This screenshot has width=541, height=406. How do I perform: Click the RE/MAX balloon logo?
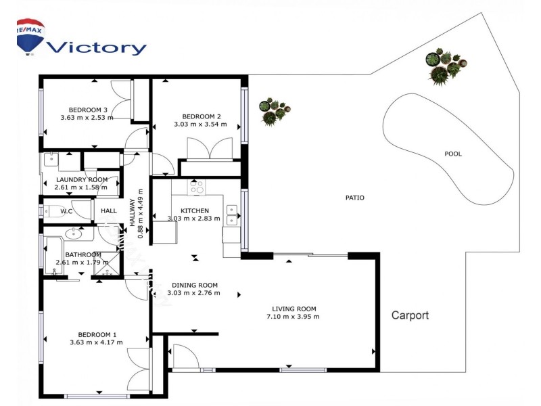point(30,37)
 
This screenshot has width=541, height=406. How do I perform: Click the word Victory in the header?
point(97,47)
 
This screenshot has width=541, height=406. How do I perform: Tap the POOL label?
point(452,154)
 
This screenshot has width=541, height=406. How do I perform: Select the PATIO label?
point(354,198)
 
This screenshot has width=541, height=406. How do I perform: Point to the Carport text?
point(410,315)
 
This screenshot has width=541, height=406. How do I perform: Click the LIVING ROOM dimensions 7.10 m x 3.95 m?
point(293,317)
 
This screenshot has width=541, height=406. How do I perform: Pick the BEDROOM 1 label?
point(97,334)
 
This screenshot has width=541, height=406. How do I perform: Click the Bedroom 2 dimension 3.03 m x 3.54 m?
point(200,125)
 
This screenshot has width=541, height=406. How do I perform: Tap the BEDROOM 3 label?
point(88,110)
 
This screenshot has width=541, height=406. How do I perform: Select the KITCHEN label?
point(195,210)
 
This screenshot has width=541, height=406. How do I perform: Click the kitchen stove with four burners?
point(196,187)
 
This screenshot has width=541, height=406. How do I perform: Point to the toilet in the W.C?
point(51,211)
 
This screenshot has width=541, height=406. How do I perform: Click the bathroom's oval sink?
point(74,233)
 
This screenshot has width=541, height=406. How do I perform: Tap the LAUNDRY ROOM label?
point(82,179)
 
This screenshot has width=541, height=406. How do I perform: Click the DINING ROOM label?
point(195,285)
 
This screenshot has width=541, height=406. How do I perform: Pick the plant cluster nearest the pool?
point(446,66)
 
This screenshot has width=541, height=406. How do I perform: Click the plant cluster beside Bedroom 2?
point(275,111)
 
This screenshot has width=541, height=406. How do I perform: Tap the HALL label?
point(109,211)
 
